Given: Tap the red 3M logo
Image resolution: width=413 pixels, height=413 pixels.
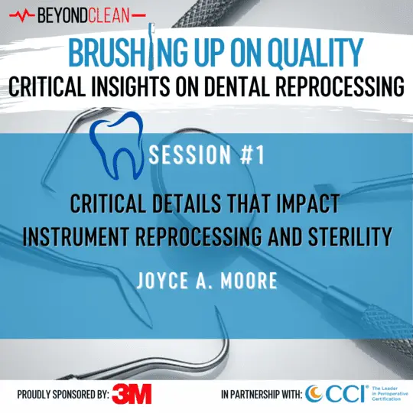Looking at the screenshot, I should click(x=132, y=394).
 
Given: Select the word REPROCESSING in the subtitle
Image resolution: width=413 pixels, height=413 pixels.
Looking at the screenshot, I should click(x=339, y=88).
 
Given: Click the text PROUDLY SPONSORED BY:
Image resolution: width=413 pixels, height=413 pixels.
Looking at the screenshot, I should click(x=62, y=395).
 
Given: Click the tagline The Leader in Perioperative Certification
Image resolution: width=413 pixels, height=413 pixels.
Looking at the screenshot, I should click(x=385, y=394).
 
